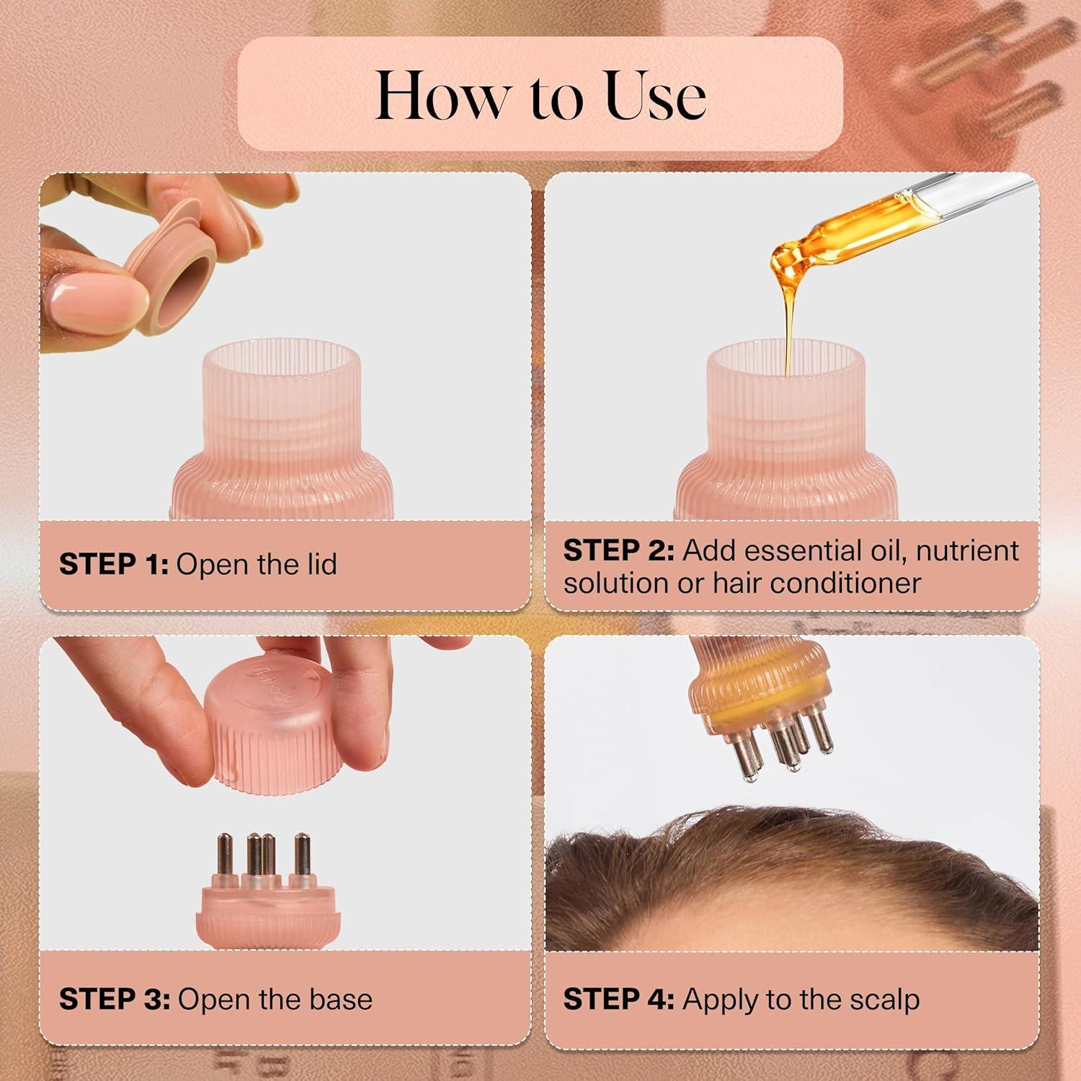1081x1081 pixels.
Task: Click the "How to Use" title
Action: pyautogui.click(x=540, y=95)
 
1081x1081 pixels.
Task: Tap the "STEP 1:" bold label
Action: pyautogui.click(x=113, y=564)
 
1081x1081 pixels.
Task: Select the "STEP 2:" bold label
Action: pyautogui.click(x=618, y=551)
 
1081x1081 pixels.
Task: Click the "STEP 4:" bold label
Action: pyautogui.click(x=618, y=1000)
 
